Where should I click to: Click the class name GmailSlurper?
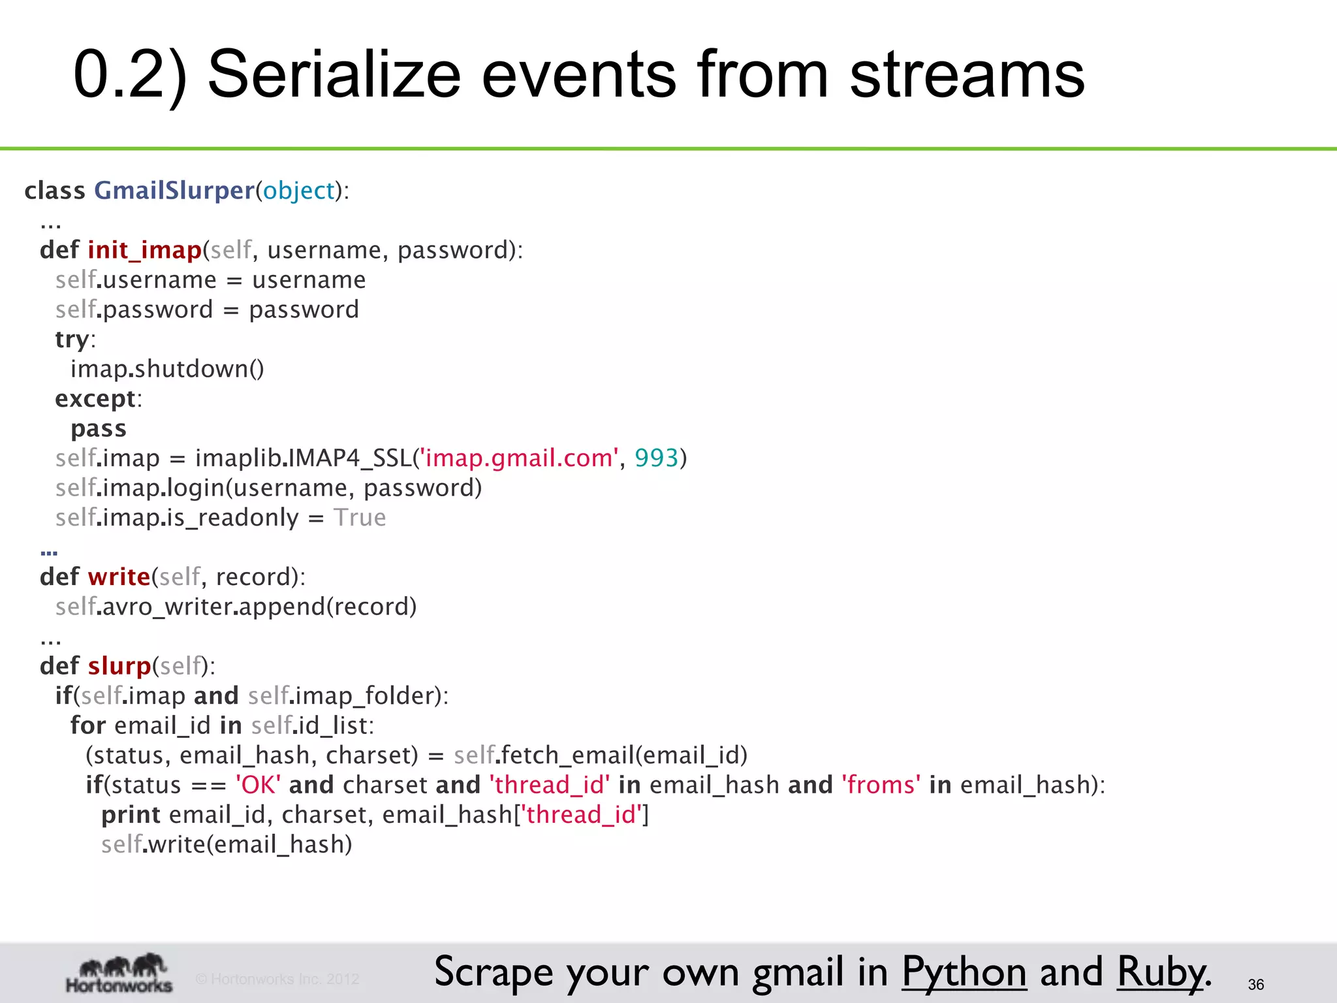(x=174, y=191)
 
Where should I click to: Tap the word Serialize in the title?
(x=334, y=75)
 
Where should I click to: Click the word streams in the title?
(x=967, y=75)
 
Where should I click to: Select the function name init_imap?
(x=144, y=250)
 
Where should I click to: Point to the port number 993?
(x=656, y=458)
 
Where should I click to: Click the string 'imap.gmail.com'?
(x=519, y=458)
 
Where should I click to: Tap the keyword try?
(x=72, y=340)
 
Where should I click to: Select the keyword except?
(x=95, y=399)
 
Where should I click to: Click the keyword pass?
(x=98, y=429)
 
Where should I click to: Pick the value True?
(x=360, y=518)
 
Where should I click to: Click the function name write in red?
(x=119, y=577)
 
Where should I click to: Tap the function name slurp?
(x=119, y=666)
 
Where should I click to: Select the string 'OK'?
(x=259, y=785)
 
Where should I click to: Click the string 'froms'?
(x=881, y=785)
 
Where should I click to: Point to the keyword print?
(x=131, y=815)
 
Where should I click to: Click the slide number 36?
(x=1255, y=985)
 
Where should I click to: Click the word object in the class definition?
(x=298, y=191)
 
